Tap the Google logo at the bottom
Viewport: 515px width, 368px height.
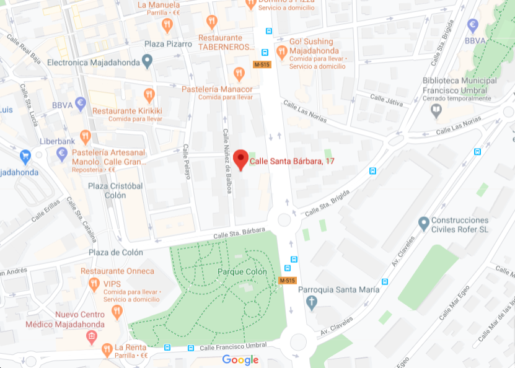(240, 360)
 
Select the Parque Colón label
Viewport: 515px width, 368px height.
(242, 272)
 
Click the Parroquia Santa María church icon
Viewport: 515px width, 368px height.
(312, 302)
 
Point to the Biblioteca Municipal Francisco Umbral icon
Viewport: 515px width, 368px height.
(436, 110)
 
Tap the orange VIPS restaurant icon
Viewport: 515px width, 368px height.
(94, 284)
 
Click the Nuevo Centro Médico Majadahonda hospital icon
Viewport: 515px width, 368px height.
(92, 336)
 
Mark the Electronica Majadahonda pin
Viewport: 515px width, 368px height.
(147, 61)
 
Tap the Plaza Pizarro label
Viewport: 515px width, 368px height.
(168, 44)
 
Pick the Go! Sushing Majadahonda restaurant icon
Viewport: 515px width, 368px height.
(282, 52)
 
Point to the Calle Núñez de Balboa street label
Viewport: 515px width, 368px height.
(227, 161)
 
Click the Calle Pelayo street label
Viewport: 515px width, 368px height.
(185, 162)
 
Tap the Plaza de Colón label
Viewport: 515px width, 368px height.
(115, 252)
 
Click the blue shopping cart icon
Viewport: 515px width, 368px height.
(25, 155)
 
